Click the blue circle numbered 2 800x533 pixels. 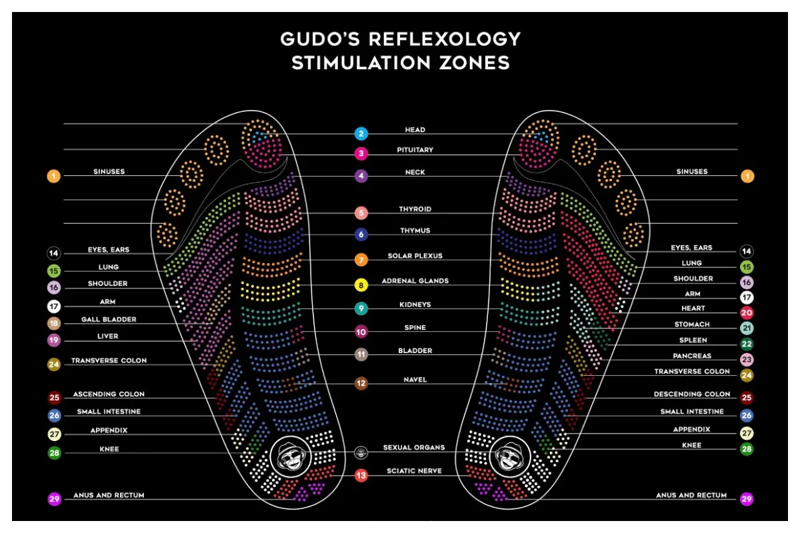pyautogui.click(x=361, y=133)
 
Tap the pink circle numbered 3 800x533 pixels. pyautogui.click(x=361, y=154)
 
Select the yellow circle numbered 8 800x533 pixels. pyautogui.click(x=361, y=285)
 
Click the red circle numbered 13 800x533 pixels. pyautogui.click(x=361, y=476)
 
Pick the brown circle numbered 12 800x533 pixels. pyautogui.click(x=361, y=384)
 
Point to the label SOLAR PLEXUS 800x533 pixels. pyautogui.click(x=415, y=256)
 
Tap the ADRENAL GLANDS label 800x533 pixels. pyautogui.click(x=415, y=280)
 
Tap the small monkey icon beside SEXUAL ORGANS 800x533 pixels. pyautogui.click(x=361, y=452)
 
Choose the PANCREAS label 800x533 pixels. pyautogui.click(x=692, y=356)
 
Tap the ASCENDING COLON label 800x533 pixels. pyautogui.click(x=109, y=394)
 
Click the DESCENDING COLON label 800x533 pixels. pyautogui.click(x=691, y=394)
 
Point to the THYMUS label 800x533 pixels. pyautogui.click(x=415, y=231)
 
